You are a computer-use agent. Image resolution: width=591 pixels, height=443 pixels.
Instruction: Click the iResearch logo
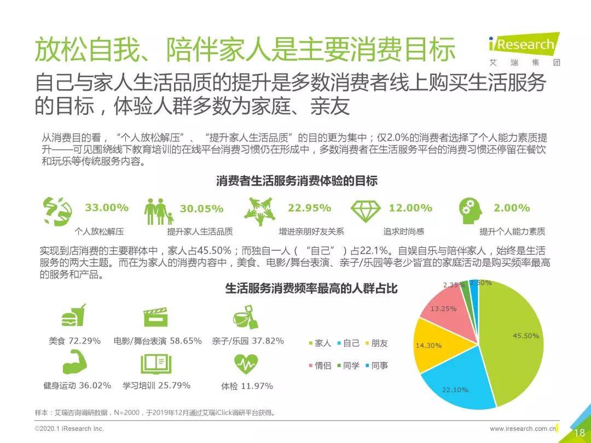pyautogui.click(x=524, y=49)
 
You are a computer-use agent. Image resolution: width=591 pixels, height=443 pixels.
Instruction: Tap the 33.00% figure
pyautogui.click(x=107, y=208)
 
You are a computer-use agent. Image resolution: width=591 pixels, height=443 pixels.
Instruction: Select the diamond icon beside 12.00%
pyautogui.click(x=366, y=211)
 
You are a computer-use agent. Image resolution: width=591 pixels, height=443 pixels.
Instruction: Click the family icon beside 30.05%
pyautogui.click(x=159, y=211)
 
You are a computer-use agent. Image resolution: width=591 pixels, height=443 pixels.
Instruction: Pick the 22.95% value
pyautogui.click(x=309, y=208)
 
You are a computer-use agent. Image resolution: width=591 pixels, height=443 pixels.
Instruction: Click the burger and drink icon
pyautogui.click(x=73, y=315)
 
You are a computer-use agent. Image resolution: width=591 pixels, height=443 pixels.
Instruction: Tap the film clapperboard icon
pyautogui.click(x=155, y=317)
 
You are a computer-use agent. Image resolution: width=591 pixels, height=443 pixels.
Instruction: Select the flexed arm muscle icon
pyautogui.click(x=74, y=362)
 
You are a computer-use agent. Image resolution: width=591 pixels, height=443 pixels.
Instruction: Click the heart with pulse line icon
pyautogui.click(x=246, y=364)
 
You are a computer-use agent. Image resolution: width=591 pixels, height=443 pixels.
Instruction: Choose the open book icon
pyautogui.click(x=156, y=364)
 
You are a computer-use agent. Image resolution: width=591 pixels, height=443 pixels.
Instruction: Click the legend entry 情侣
pyautogui.click(x=320, y=365)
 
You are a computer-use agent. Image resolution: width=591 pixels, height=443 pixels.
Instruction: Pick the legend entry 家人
pyautogui.click(x=320, y=343)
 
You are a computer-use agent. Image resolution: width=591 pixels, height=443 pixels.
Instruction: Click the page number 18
pyautogui.click(x=580, y=433)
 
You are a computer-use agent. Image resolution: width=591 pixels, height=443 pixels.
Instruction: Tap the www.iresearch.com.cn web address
pyautogui.click(x=523, y=429)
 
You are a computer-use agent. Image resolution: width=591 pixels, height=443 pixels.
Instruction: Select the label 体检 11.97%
pyautogui.click(x=247, y=386)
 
